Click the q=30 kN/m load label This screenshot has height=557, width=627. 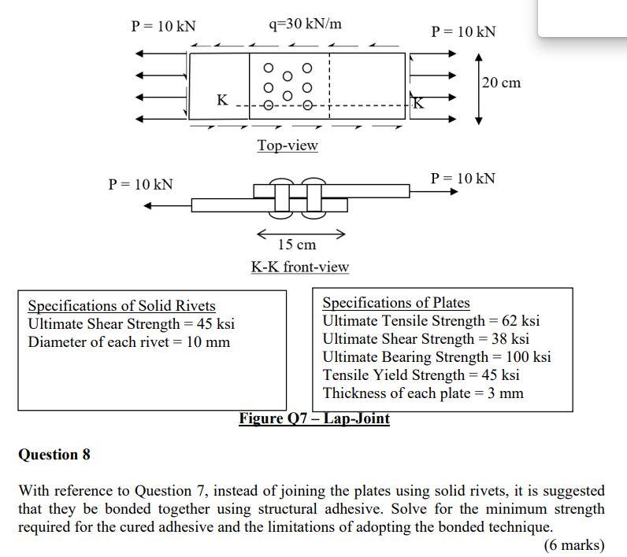pos(306,24)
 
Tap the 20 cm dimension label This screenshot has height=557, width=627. pos(501,83)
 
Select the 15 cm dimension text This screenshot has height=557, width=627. pos(297,245)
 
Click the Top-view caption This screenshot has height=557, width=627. pos(288,146)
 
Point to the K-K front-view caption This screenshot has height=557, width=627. pos(299,267)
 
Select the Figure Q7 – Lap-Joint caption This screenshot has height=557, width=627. pos(314,419)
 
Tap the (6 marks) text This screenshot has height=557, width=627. pos(574,545)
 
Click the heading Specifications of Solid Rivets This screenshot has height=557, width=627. pos(121,305)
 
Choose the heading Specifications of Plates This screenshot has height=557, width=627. pos(395,302)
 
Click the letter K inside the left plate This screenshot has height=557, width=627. pos(223,100)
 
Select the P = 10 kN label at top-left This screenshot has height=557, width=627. pos(163,26)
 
